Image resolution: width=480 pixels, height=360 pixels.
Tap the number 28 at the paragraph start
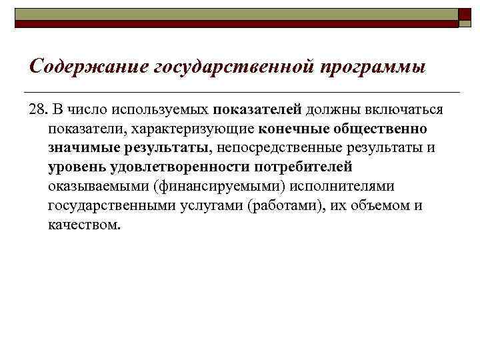click(x=37, y=109)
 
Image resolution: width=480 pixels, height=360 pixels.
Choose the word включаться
click(x=406, y=109)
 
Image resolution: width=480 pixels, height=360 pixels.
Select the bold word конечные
click(x=288, y=128)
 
